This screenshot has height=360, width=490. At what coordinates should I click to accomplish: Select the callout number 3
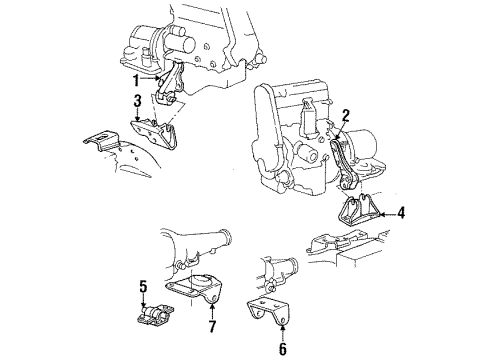pyautogui.click(x=137, y=100)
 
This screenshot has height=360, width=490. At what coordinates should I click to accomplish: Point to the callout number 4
pyautogui.click(x=401, y=212)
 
